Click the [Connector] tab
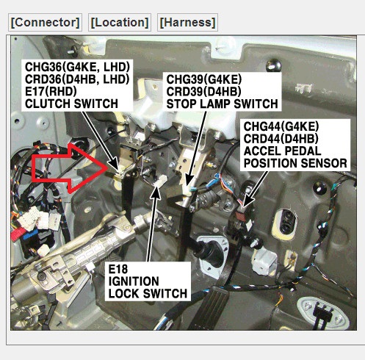click(45, 23)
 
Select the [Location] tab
click(120, 23)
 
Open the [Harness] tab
click(187, 23)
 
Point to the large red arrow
click(70, 168)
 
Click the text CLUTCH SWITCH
click(71, 104)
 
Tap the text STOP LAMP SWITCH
click(222, 104)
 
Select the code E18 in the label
click(118, 269)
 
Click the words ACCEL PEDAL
click(282, 151)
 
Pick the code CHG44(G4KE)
click(281, 126)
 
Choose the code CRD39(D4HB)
click(203, 92)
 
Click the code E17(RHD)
click(51, 91)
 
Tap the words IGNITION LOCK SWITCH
click(148, 287)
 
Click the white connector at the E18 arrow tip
click(161, 181)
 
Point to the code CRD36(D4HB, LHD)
click(77, 79)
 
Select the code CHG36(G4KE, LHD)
click(77, 67)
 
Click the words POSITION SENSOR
click(295, 163)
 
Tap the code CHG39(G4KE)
click(204, 79)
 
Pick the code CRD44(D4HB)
click(281, 139)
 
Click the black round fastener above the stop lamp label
click(273, 65)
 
